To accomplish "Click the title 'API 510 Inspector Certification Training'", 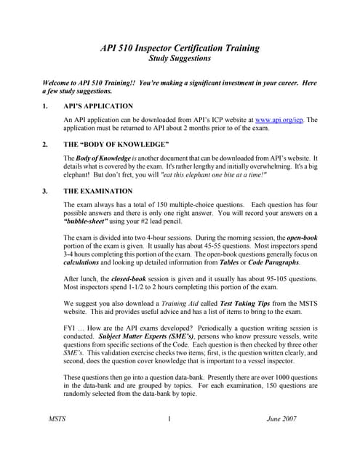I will [x=180, y=48].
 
